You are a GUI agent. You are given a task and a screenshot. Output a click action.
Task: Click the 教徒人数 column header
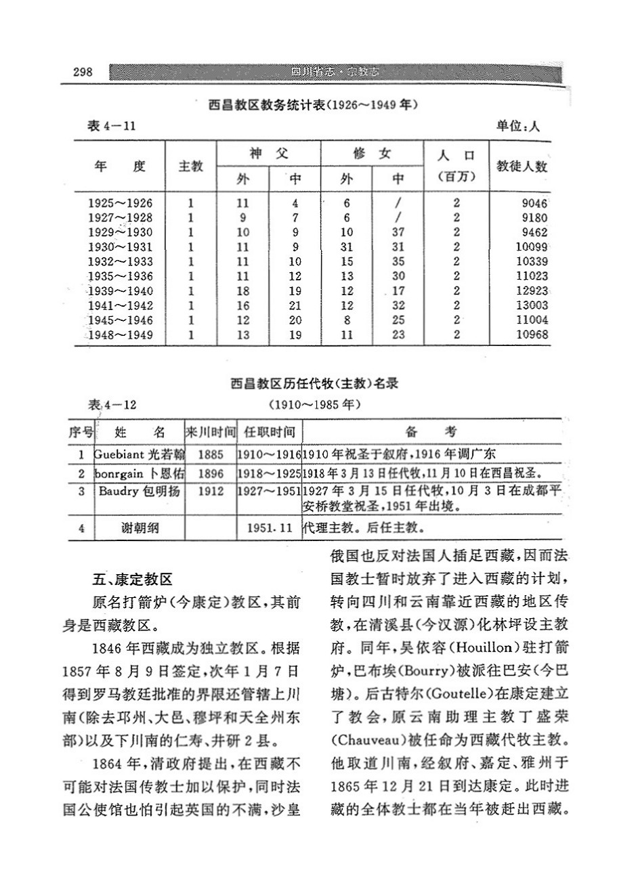(522, 166)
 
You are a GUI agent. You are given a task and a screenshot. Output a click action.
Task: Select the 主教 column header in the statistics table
(191, 166)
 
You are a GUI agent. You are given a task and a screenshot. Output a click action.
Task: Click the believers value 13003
(531, 305)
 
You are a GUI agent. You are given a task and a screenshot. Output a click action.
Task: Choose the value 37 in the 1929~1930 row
(399, 232)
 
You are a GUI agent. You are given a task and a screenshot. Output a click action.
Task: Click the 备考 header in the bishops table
(431, 432)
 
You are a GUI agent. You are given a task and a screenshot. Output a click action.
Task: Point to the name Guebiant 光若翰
(138, 454)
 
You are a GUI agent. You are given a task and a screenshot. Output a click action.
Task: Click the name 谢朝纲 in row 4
(138, 527)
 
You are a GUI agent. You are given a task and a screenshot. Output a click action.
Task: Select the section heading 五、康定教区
(132, 580)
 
